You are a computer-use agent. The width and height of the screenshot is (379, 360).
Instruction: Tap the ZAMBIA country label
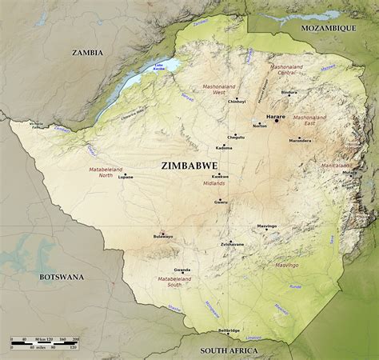point(87,53)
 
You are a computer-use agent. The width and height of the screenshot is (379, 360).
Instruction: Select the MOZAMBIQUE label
point(327,27)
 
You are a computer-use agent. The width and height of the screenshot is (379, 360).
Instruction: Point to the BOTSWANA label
point(62,277)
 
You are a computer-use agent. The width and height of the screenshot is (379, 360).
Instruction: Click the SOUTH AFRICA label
point(229,350)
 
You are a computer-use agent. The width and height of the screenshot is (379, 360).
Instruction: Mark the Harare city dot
point(277,121)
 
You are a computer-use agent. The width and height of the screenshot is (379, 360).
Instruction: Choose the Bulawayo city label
point(163,237)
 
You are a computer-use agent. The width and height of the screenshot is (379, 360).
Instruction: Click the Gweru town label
point(221,202)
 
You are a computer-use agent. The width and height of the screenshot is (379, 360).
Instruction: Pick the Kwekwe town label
point(220,176)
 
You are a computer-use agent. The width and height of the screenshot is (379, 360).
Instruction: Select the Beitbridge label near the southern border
point(229,330)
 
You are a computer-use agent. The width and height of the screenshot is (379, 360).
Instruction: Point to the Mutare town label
point(349,172)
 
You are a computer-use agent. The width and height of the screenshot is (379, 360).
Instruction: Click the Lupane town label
point(126,177)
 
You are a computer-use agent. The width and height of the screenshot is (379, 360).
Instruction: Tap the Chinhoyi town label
point(237,102)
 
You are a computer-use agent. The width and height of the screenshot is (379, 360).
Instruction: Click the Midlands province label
point(214,183)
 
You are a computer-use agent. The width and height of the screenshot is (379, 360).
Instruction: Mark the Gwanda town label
point(182,270)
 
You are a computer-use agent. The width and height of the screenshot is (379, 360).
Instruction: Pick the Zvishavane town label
point(232,244)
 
